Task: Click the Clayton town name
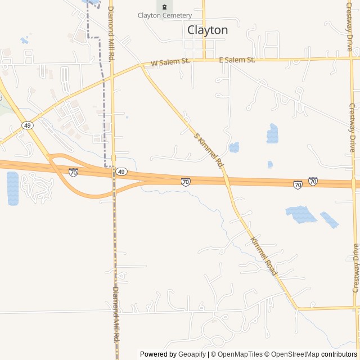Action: pos(207,30)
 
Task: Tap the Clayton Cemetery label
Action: pos(164,16)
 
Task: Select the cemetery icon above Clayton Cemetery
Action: pos(164,7)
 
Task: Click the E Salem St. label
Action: pos(237,59)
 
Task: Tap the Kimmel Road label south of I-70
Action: pos(263,255)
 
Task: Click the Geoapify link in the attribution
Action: pos(192,354)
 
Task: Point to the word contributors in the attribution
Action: pos(339,354)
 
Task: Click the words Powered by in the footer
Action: pos(158,354)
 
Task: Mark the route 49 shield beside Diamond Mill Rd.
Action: pos(121,171)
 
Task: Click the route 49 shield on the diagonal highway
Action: pos(27,125)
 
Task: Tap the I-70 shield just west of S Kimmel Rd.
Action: pos(186,181)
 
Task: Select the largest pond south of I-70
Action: pos(300,214)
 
